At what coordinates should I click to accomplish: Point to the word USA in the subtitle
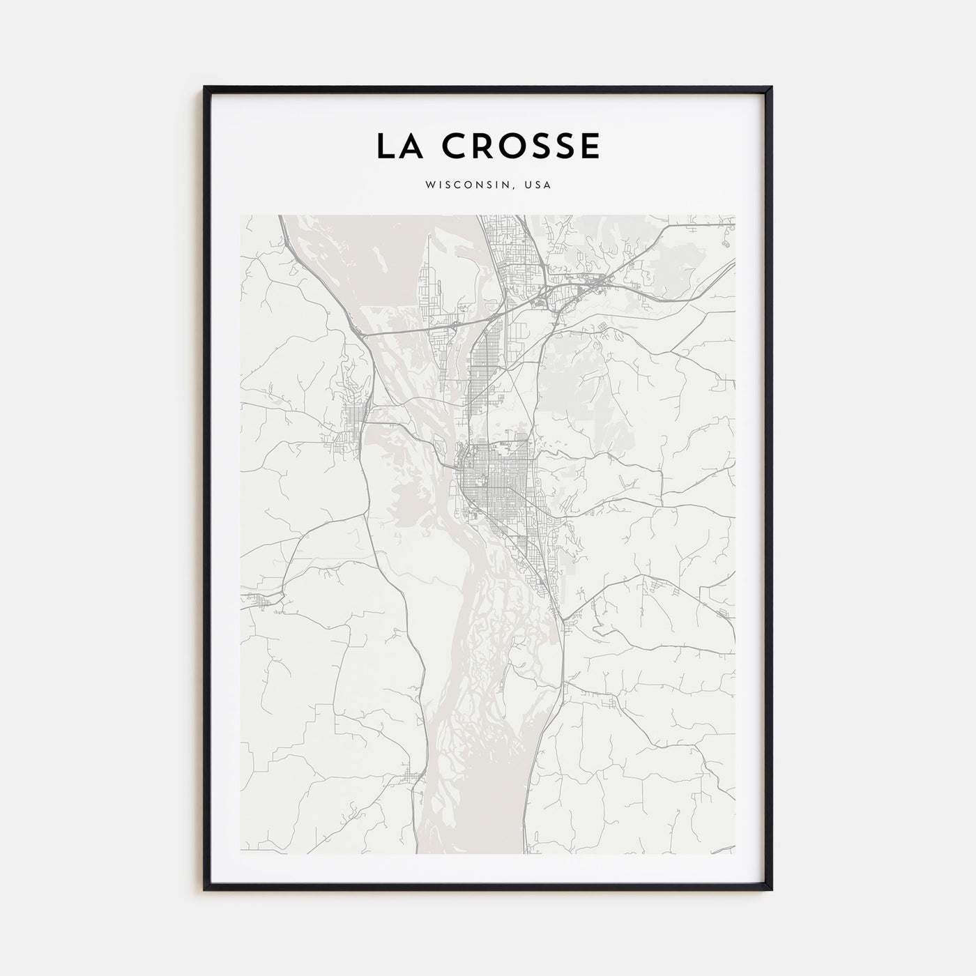539,185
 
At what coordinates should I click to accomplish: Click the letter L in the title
385,146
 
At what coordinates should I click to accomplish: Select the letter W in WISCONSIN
427,185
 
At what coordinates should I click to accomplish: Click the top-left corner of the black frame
205,88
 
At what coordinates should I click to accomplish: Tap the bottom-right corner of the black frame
771,889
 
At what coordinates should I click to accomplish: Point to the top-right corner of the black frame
771,88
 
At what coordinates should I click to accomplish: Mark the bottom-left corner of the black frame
205,889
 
